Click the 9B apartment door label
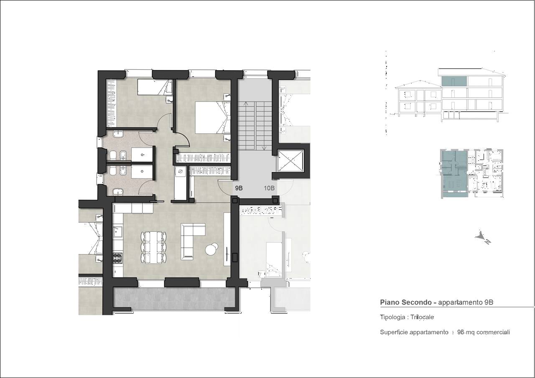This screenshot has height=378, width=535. [239, 188]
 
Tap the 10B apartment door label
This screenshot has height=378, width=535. [269, 188]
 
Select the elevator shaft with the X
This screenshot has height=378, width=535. [290, 161]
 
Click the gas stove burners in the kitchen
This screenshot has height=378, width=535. [117, 258]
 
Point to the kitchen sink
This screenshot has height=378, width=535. [117, 231]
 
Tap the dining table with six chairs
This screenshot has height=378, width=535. [154, 247]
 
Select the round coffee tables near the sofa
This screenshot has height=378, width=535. [211, 249]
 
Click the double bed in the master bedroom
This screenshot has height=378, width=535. [213, 117]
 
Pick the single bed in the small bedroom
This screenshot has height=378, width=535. [154, 87]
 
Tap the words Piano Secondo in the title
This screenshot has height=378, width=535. [406, 302]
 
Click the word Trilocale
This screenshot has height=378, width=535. [422, 317]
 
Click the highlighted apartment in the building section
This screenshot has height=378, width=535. [454, 81]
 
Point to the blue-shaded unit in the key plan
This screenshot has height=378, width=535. [454, 173]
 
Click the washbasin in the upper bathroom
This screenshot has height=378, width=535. [118, 134]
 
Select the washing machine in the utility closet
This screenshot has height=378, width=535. [181, 171]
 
